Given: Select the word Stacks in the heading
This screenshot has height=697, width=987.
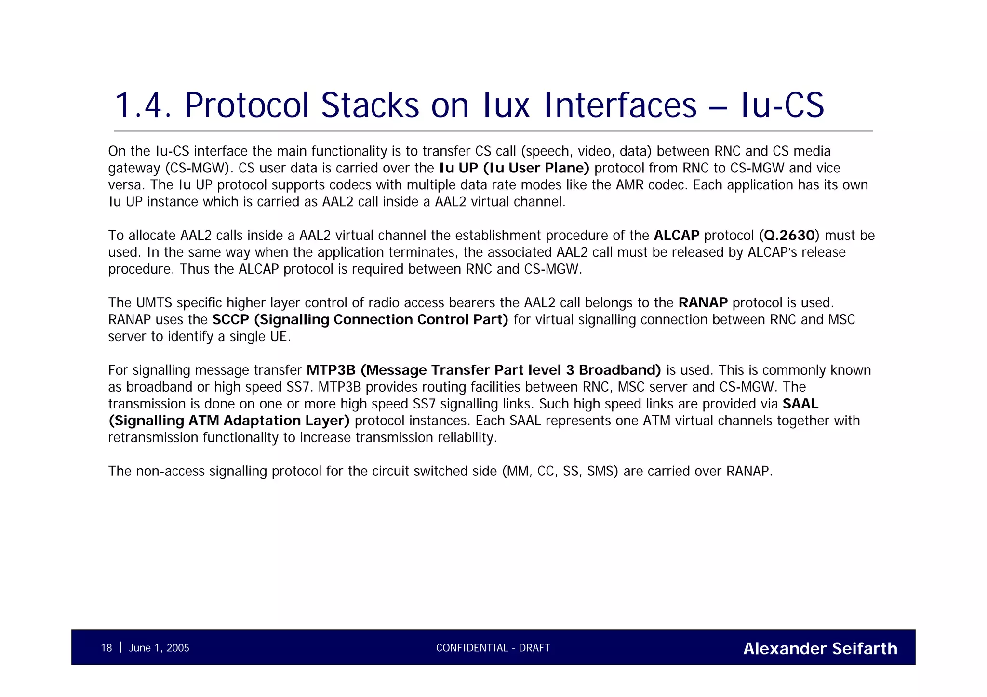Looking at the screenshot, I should coord(370,105).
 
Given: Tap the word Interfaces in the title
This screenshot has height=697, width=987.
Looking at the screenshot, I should coord(620,105).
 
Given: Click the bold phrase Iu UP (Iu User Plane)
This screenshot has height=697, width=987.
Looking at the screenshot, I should coord(514,168).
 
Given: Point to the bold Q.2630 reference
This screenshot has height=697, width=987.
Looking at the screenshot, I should coord(789,236).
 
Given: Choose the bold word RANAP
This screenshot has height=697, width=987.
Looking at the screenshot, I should coord(703,303).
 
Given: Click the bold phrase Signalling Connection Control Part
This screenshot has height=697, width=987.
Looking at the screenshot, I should coord(384,320).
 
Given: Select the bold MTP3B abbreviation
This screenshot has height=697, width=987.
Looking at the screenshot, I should coord(331,370).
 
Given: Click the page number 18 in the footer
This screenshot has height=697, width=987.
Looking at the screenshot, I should coord(106,648).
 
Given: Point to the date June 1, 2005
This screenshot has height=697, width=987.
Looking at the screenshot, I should coord(159,648).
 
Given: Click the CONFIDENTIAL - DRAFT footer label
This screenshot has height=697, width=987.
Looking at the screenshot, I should coord(493,648).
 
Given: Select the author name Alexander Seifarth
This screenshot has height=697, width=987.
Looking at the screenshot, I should coord(820,648).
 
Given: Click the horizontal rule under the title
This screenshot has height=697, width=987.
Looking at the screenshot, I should coord(493,131).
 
